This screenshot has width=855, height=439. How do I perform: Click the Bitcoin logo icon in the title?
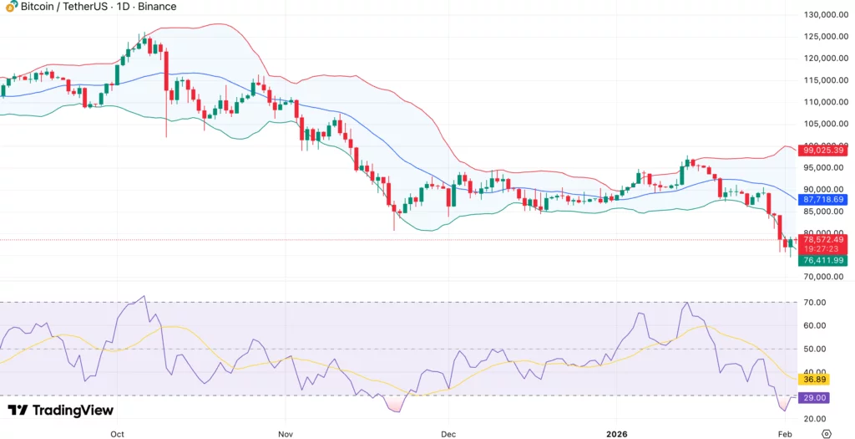click(x=11, y=7)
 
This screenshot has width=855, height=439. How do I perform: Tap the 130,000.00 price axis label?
click(x=826, y=15)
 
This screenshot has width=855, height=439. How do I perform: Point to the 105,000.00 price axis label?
click(x=826, y=124)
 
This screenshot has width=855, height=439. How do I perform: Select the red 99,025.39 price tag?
click(x=822, y=151)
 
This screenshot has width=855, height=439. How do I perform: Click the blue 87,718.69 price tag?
click(x=822, y=201)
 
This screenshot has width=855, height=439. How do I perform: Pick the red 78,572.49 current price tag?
click(x=822, y=240)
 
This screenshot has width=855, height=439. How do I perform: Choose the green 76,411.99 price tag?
click(x=822, y=261)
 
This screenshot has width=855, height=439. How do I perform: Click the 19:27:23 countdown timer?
click(x=822, y=250)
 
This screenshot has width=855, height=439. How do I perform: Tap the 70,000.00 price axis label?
click(x=824, y=277)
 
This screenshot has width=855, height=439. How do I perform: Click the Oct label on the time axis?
click(x=117, y=435)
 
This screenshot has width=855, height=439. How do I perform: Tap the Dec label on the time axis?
click(x=448, y=435)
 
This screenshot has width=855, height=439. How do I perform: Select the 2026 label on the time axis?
click(x=620, y=435)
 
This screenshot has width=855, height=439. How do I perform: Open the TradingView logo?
click(x=60, y=411)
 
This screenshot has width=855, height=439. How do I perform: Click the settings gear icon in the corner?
click(x=827, y=434)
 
